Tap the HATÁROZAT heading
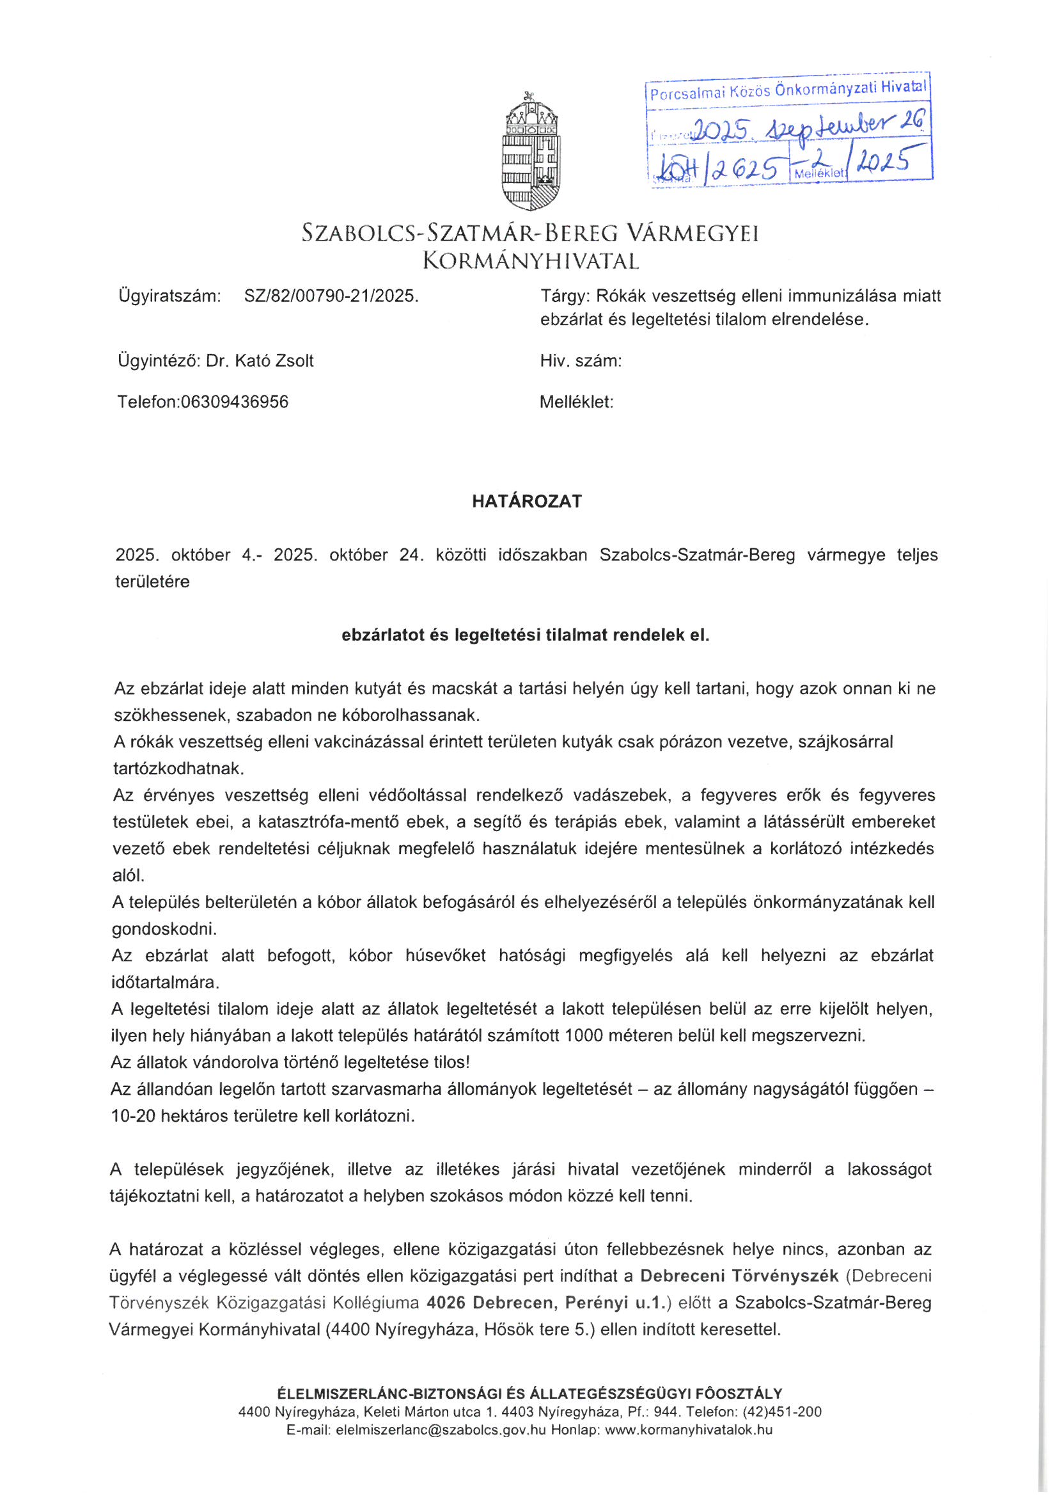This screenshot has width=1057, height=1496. [527, 501]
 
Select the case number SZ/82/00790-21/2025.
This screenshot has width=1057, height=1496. [331, 296]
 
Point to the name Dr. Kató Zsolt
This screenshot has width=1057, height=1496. [260, 361]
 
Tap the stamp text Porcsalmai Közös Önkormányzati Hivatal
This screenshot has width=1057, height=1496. [788, 90]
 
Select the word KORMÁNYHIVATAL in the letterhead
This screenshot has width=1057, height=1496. [531, 262]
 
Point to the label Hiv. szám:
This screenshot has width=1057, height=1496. [580, 361]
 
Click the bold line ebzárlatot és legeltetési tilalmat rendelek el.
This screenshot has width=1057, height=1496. [526, 635]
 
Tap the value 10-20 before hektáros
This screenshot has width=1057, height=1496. [133, 1116]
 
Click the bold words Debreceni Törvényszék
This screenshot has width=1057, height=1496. [739, 1275]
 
